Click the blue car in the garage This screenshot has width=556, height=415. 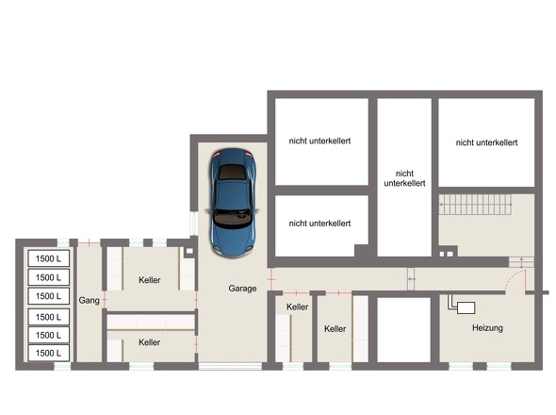click(232, 203)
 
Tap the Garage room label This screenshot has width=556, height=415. click(242, 289)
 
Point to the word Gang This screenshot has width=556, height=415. click(89, 300)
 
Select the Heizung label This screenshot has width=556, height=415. click(487, 327)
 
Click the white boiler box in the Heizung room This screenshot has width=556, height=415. click(466, 307)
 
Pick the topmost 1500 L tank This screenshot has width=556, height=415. click(49, 258)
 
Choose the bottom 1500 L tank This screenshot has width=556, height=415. click(49, 353)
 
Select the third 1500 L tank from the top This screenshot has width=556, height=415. click(49, 296)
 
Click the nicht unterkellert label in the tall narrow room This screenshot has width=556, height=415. click(404, 178)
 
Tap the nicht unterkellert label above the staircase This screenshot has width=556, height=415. click(486, 142)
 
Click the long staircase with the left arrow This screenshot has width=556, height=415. click(475, 205)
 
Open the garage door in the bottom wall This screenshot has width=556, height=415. click(230, 366)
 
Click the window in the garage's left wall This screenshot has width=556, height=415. click(193, 224)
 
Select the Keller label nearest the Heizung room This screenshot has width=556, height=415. click(335, 329)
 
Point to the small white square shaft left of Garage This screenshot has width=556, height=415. click(189, 251)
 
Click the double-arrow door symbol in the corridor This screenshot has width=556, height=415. click(411, 279)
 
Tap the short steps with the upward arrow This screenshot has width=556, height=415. click(521, 262)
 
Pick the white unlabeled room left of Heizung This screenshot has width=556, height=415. click(404, 330)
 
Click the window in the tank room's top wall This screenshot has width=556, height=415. click(63, 242)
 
